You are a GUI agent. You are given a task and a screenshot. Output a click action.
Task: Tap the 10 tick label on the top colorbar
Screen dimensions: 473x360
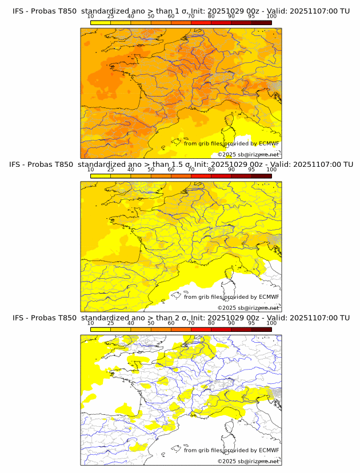click(91, 16)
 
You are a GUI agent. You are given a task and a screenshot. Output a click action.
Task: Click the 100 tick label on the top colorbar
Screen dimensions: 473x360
click(271, 16)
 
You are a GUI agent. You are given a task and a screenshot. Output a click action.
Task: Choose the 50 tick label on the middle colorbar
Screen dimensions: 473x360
click(151, 169)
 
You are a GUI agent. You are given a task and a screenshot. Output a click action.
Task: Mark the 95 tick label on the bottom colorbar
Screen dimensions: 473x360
click(251, 322)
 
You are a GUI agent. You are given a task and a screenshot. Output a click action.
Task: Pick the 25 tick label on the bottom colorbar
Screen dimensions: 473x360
click(111, 322)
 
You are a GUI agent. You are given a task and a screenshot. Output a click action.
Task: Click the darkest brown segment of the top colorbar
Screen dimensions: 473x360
click(262, 22)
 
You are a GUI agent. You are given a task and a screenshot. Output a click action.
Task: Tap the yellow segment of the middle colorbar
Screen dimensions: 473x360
click(101, 175)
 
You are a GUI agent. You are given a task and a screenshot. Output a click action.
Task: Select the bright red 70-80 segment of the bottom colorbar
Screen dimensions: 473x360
click(201, 328)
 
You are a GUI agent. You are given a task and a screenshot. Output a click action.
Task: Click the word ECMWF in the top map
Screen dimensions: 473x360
click(269, 144)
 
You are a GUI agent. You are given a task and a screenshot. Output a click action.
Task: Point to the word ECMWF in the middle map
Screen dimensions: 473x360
click(269, 297)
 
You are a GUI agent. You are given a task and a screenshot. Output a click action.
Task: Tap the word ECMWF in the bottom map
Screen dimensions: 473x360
click(269, 450)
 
